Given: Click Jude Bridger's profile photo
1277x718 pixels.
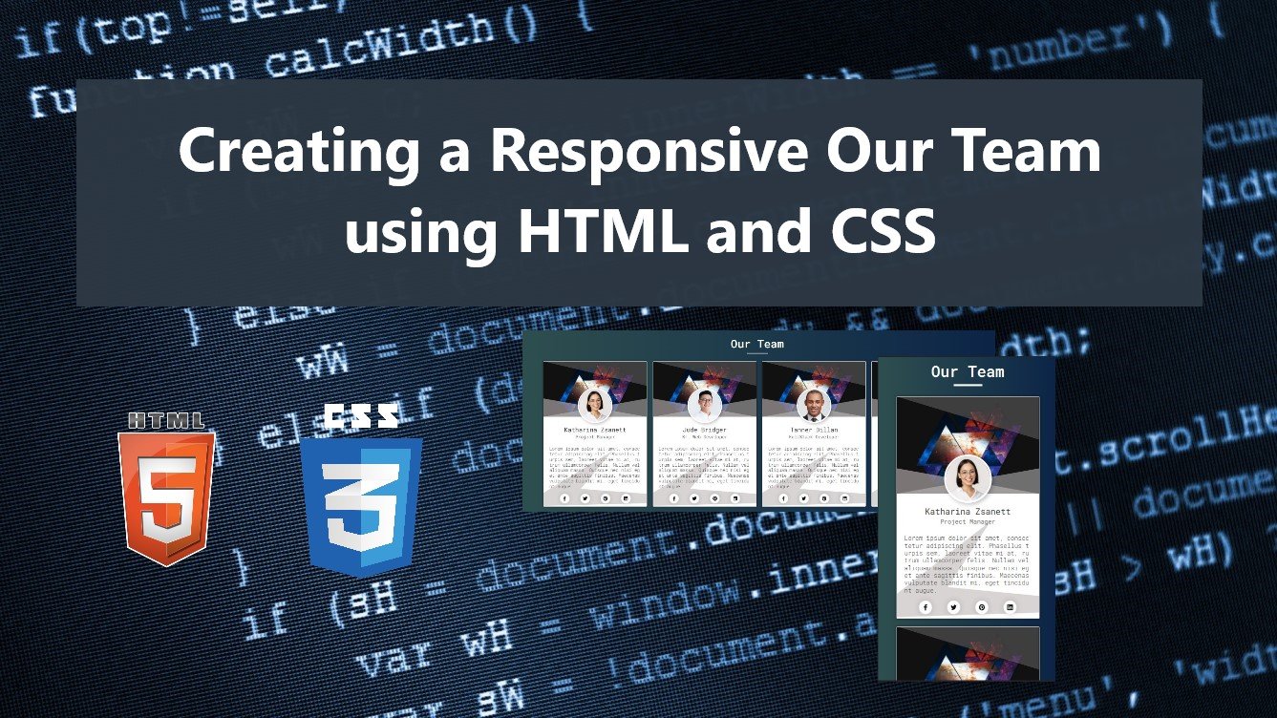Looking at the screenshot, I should (704, 404).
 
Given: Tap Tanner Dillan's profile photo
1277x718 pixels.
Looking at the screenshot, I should (814, 404).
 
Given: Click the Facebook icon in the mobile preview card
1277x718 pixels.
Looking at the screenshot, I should (925, 607).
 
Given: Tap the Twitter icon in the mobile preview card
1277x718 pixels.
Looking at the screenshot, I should (953, 607).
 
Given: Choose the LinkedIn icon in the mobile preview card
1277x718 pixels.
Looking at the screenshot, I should (1010, 607).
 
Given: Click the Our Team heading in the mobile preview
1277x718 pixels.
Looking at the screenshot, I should (968, 371).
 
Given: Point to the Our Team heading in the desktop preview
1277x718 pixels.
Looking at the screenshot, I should (756, 344).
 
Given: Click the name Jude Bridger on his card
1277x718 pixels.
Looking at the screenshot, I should (704, 430).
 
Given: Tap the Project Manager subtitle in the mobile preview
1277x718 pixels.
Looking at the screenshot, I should (968, 522).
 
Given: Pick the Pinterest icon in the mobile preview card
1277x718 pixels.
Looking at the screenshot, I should (981, 607).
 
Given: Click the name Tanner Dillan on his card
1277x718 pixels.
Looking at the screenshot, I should (814, 430).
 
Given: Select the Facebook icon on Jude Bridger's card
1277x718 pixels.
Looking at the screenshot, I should (673, 498).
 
